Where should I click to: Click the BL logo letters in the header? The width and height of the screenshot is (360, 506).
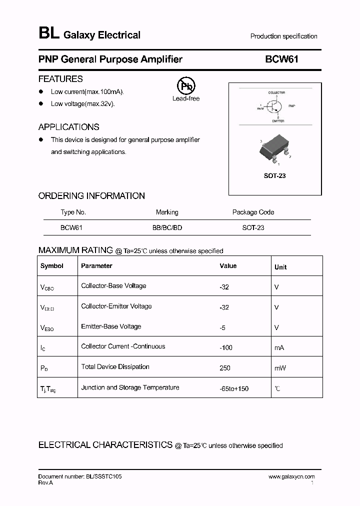click(48, 33)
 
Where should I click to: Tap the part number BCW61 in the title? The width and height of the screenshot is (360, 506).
click(281, 59)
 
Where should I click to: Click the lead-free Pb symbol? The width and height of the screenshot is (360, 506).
click(186, 86)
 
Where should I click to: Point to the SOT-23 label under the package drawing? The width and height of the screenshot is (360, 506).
click(274, 176)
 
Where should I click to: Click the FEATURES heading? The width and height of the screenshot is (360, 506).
click(60, 79)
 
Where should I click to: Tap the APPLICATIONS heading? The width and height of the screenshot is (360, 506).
click(68, 127)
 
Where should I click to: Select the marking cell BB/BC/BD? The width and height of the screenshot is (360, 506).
click(167, 227)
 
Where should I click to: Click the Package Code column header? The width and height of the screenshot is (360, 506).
click(253, 212)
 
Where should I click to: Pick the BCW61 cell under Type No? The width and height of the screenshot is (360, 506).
click(71, 227)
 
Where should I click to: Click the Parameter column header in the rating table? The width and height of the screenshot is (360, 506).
click(96, 266)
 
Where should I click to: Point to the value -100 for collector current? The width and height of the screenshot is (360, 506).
click(226, 347)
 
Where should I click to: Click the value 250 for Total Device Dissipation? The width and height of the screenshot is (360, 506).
click(225, 368)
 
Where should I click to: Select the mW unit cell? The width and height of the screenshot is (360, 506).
click(280, 368)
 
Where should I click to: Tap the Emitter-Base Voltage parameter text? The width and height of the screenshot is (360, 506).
click(111, 326)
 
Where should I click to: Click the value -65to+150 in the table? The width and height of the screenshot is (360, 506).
click(234, 388)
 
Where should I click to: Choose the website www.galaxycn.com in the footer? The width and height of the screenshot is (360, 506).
click(291, 477)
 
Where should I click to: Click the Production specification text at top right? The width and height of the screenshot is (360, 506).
click(283, 36)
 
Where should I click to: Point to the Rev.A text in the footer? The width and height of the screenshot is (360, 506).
click(45, 483)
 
